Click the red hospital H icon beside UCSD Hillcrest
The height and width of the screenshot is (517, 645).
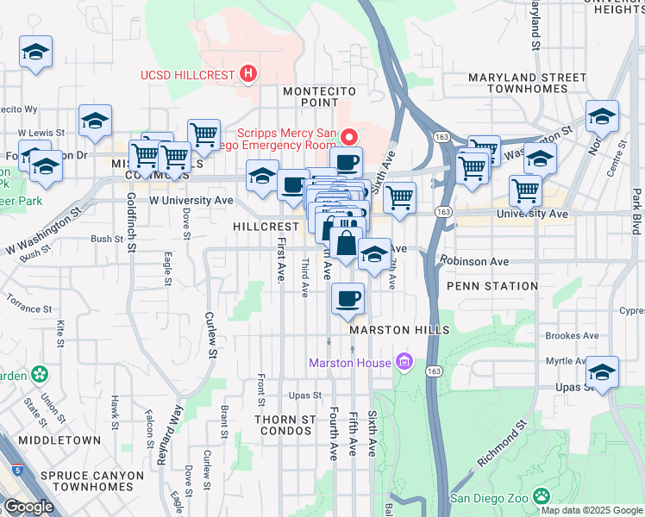click(x=248, y=75)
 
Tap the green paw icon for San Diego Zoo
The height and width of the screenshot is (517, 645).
click(x=541, y=497)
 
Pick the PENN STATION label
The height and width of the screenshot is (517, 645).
click(x=492, y=286)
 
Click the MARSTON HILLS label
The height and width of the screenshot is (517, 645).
click(x=399, y=330)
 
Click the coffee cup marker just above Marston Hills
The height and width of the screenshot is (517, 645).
click(x=348, y=300)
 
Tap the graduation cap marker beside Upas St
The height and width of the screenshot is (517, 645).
click(x=602, y=372)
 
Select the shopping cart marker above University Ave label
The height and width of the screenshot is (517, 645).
click(x=524, y=191)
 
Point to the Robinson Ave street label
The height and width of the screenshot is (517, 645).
click(x=473, y=260)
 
